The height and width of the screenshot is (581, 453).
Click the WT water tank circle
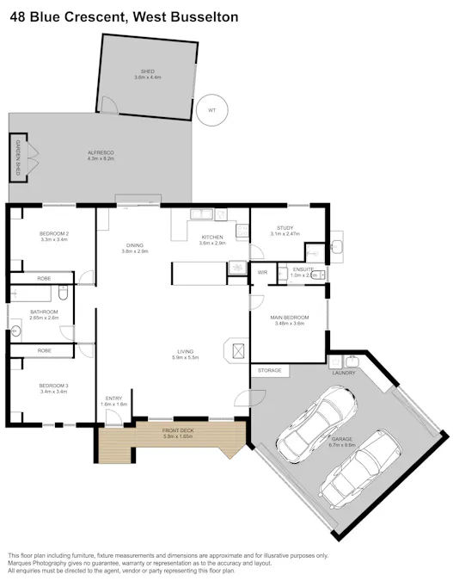[211, 110]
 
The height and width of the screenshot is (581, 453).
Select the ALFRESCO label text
[101, 152]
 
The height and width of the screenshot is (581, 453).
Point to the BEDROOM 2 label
[53, 234]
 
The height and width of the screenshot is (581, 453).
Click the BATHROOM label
[43, 312]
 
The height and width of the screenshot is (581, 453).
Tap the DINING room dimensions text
[135, 251]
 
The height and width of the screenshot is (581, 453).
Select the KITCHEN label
[211, 238]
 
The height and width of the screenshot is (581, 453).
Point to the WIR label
[263, 272]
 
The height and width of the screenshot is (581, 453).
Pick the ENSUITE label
[303, 269]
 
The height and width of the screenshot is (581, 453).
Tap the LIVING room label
[185, 351]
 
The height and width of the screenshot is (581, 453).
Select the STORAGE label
[269, 369]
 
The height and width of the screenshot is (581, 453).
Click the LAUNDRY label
[344, 373]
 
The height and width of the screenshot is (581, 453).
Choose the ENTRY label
[113, 398]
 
